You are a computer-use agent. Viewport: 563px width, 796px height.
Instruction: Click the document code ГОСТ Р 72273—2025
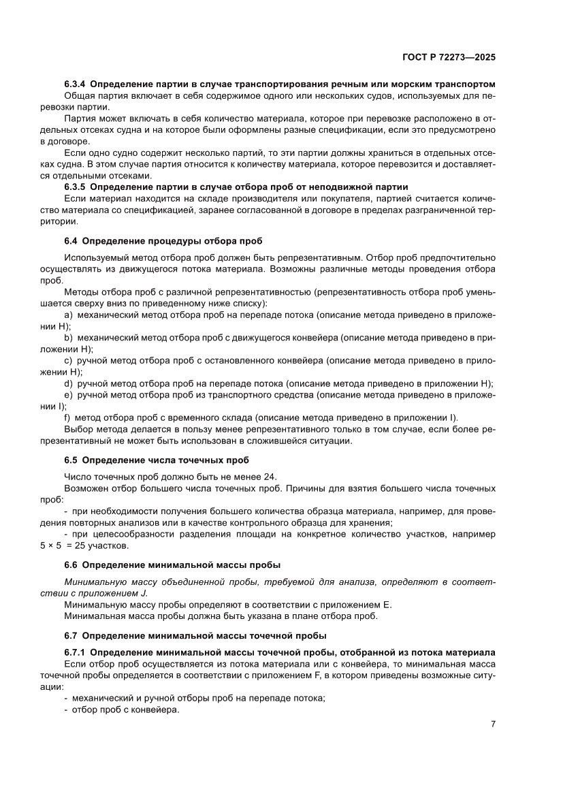click(447, 58)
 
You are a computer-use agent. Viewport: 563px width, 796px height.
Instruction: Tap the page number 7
click(492, 725)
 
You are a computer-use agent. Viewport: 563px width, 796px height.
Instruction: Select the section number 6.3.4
click(74, 86)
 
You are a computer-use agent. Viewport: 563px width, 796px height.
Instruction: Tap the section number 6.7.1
click(74, 652)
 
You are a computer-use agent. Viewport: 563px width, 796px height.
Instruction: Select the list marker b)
click(68, 337)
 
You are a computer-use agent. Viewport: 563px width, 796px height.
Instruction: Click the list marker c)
click(68, 360)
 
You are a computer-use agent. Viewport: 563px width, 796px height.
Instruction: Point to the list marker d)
click(68, 383)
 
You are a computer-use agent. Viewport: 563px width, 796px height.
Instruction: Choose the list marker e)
click(68, 395)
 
